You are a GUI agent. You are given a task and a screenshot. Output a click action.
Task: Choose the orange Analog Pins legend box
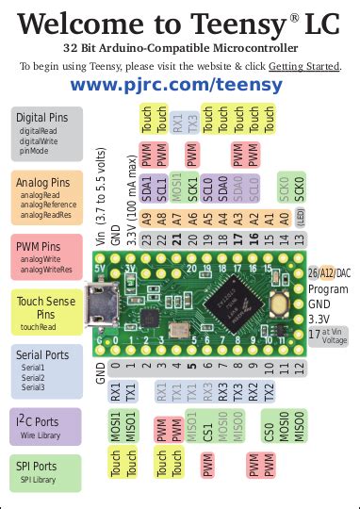[x=46, y=197]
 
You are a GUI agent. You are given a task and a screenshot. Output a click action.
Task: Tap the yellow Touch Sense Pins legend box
[x=46, y=312]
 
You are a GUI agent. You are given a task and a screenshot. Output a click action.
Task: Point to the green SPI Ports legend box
[x=46, y=471]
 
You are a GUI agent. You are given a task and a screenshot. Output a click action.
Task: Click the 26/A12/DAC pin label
[x=328, y=273]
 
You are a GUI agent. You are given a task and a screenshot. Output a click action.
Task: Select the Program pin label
[x=327, y=288]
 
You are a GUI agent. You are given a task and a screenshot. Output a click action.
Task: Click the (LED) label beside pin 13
[x=299, y=241]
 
